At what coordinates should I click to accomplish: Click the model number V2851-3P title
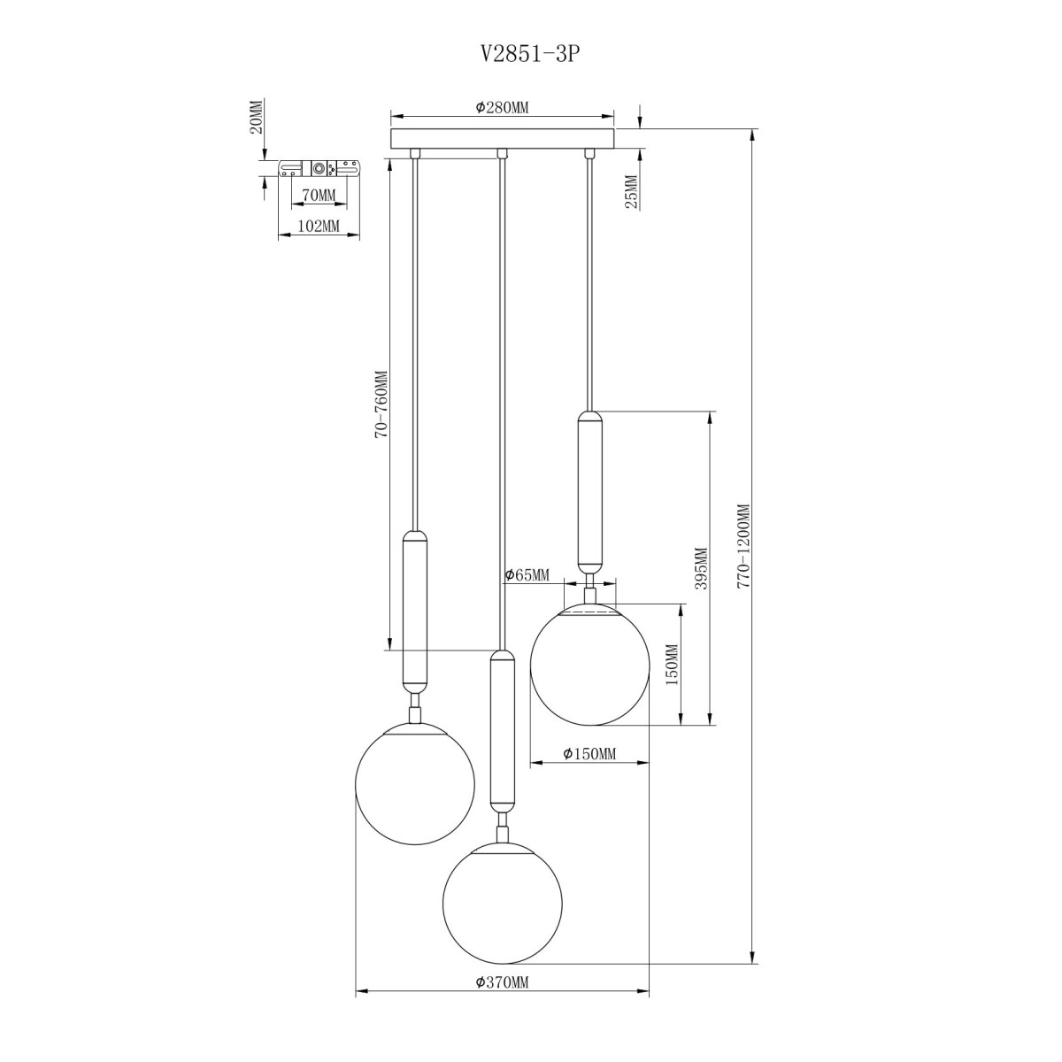point(530,54)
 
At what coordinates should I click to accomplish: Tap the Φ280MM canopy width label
point(502,107)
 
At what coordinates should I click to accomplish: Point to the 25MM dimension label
point(632,192)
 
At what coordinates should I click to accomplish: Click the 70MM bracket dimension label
point(319,195)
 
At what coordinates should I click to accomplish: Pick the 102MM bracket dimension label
point(318,226)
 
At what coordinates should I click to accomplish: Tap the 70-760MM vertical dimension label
point(382,404)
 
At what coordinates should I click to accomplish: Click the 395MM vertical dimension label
point(700,568)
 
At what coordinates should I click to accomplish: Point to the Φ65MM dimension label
point(527,575)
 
